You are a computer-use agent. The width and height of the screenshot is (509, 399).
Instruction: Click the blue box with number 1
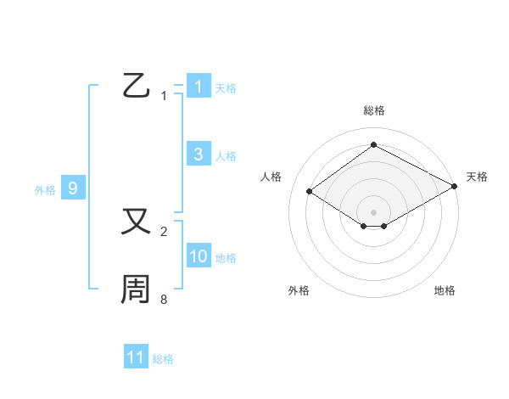pyautogui.click(x=198, y=87)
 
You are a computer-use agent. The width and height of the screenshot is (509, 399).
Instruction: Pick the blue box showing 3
pyautogui.click(x=198, y=155)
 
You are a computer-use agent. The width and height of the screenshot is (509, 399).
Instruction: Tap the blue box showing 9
pyautogui.click(x=73, y=188)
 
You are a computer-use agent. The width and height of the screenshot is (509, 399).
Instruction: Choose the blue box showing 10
pyautogui.click(x=198, y=256)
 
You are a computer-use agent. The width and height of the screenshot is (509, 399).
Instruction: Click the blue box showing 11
pyautogui.click(x=136, y=357)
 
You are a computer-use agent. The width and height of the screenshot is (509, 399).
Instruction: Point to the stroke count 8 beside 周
pyautogui.click(x=164, y=300)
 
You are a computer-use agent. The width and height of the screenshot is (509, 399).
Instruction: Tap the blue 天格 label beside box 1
pyautogui.click(x=226, y=88)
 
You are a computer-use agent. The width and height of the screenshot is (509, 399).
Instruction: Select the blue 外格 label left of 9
pyautogui.click(x=45, y=190)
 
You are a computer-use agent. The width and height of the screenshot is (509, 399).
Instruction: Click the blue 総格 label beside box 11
pyautogui.click(x=163, y=359)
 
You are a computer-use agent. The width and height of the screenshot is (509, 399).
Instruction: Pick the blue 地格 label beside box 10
pyautogui.click(x=226, y=258)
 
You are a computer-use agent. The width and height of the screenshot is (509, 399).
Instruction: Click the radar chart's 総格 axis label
pyautogui.click(x=373, y=110)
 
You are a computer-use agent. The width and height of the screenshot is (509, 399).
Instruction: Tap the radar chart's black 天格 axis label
pyautogui.click(x=477, y=177)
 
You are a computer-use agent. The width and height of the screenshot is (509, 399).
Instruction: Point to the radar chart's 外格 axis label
pyautogui.click(x=299, y=290)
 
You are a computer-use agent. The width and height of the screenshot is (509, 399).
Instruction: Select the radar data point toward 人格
pyautogui.click(x=310, y=192)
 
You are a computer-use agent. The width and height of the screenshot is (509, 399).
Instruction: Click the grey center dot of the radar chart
pyautogui.click(x=373, y=211)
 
